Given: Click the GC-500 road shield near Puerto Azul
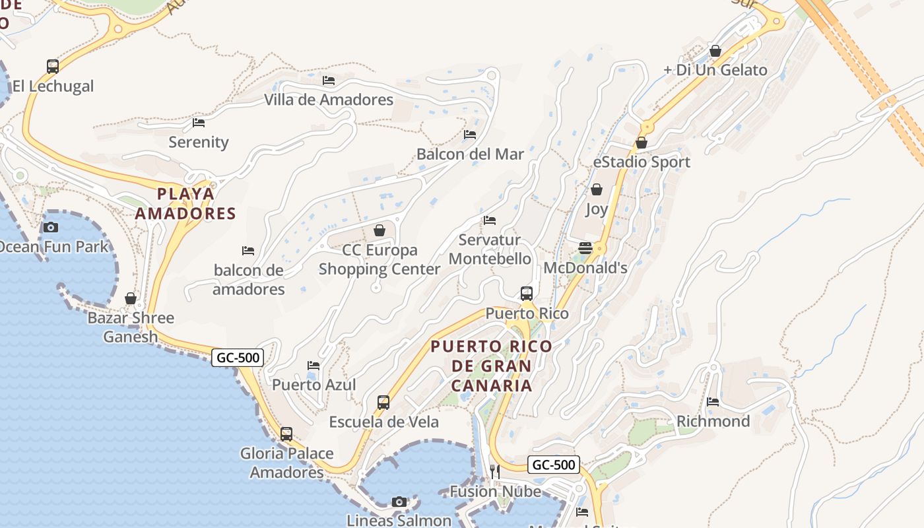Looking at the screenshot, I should tap(238, 358).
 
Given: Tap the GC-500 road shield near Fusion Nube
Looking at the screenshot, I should tap(554, 465).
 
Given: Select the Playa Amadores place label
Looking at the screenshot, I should tap(185, 203).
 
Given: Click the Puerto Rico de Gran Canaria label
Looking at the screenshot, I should tap(492, 366).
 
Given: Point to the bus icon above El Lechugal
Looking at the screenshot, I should tap(53, 66).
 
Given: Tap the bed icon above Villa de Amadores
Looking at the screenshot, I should tap(329, 81).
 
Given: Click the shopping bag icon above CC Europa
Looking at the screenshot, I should tap(379, 230).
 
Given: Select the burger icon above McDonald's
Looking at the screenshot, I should tap(585, 248).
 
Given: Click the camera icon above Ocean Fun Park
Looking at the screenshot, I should tap(51, 228).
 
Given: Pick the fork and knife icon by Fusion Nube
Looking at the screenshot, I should tap(495, 471).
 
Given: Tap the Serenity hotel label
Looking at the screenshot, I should tap(199, 142).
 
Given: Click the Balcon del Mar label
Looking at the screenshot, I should tap(470, 154).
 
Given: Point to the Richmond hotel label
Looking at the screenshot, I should tap(713, 421).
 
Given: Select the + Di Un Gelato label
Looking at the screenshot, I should tap(715, 70).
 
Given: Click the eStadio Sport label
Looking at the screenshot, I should tap(642, 162).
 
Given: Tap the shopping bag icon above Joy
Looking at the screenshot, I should tap(597, 190).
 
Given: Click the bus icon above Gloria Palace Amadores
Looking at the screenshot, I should tap(286, 434).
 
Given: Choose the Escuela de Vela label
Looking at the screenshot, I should tap(383, 422).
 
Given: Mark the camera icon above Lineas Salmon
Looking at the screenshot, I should tap(399, 502).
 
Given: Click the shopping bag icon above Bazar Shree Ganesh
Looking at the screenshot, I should tap(131, 298).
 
